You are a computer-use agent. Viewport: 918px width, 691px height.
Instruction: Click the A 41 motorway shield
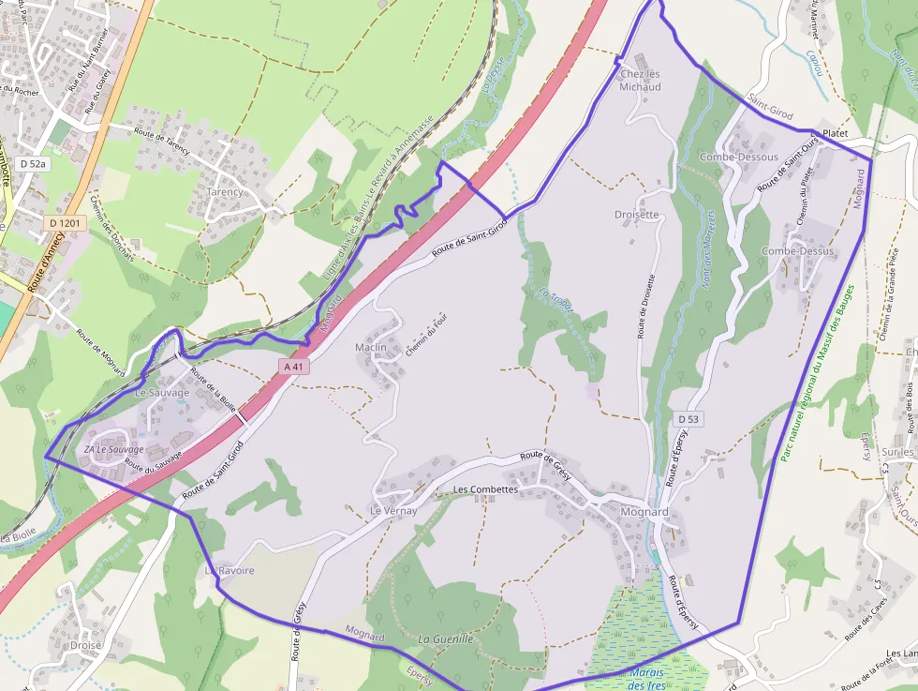pos(294,367)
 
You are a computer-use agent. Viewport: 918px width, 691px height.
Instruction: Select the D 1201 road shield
pos(67,223)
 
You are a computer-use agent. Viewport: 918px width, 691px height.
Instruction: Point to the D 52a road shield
pos(31,163)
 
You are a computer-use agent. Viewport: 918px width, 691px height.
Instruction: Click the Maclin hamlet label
pos(371,347)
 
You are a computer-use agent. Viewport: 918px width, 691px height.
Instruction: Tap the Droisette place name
pos(637,215)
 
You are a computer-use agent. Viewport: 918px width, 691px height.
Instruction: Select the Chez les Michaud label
pos(641,81)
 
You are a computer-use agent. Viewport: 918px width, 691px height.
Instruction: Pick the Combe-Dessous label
pos(739,157)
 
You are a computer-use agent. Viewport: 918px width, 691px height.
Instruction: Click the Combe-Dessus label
pos(798,251)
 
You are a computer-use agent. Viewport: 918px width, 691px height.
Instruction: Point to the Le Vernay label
pos(392,511)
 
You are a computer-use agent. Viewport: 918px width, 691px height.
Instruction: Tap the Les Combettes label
pos(485,489)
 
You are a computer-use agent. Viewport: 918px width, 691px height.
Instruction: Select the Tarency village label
pos(225,191)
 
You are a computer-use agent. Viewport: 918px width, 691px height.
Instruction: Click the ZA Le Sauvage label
pos(114,449)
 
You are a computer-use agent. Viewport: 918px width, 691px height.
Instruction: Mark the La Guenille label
pos(446,639)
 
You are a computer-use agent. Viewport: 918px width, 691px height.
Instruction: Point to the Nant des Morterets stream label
pos(709,248)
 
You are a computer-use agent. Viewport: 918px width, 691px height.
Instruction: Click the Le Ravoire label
pos(229,570)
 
